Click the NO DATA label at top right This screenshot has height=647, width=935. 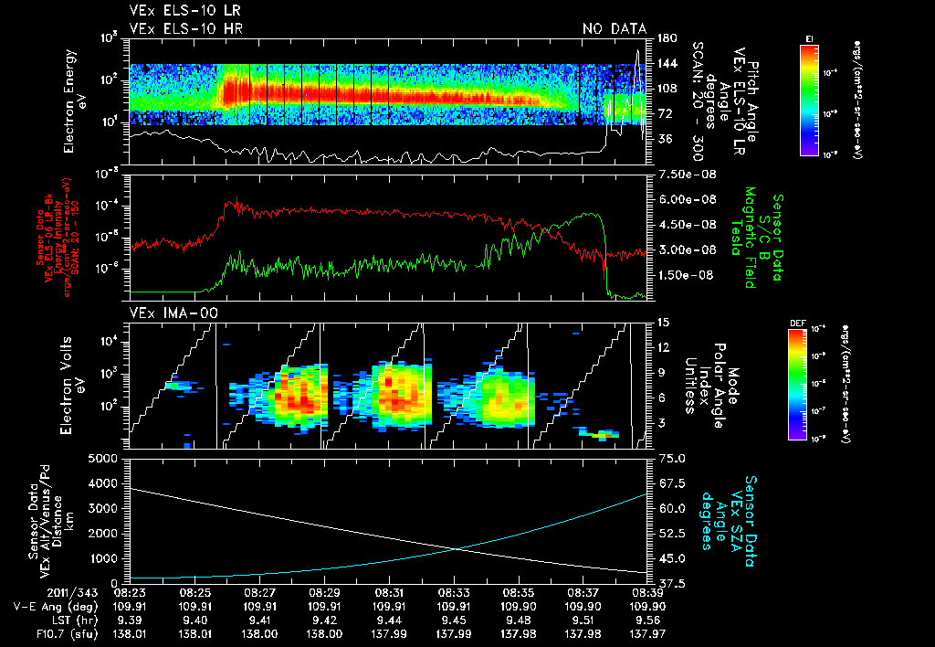(x=614, y=29)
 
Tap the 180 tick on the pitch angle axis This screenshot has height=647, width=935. (x=666, y=38)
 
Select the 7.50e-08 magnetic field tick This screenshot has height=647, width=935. (x=683, y=174)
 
